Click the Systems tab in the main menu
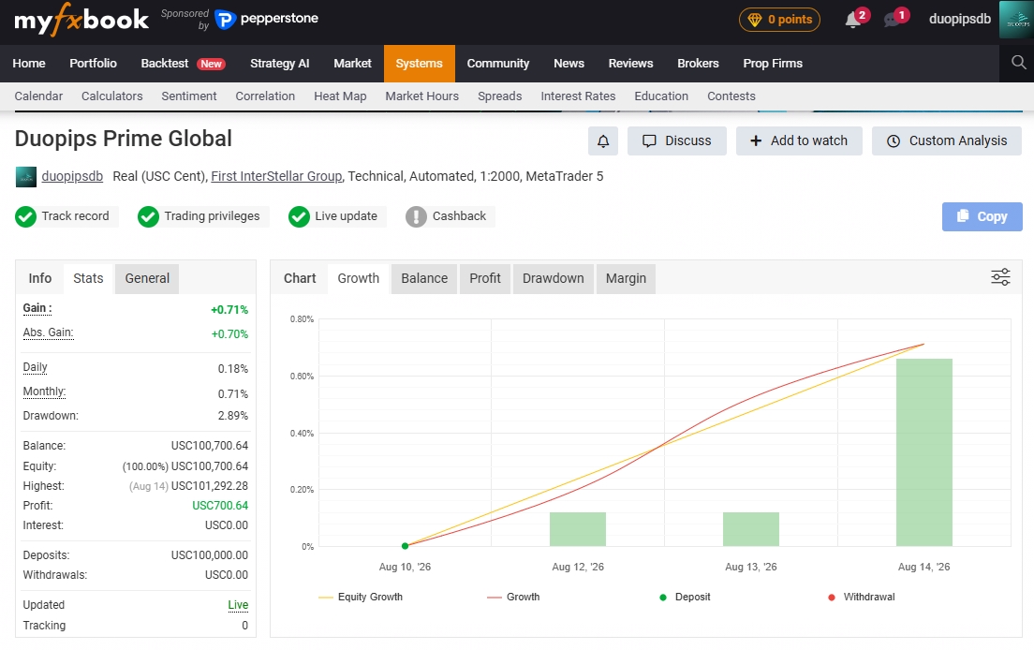[420, 64]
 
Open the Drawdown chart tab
[554, 278]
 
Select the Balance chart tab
[424, 278]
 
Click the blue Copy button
[982, 216]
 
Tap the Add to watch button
[799, 141]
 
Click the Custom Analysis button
[947, 141]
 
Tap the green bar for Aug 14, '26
[923, 452]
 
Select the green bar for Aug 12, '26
[578, 528]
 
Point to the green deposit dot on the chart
[405, 546]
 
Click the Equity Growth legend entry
[361, 598]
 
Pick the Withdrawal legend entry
[862, 598]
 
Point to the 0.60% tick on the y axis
[302, 377]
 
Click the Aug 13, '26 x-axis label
[751, 567]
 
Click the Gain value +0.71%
[229, 310]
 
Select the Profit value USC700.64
[220, 506]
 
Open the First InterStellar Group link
[276, 177]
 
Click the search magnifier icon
[1019, 63]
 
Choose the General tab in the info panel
[147, 278]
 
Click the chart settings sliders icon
[1000, 277]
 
